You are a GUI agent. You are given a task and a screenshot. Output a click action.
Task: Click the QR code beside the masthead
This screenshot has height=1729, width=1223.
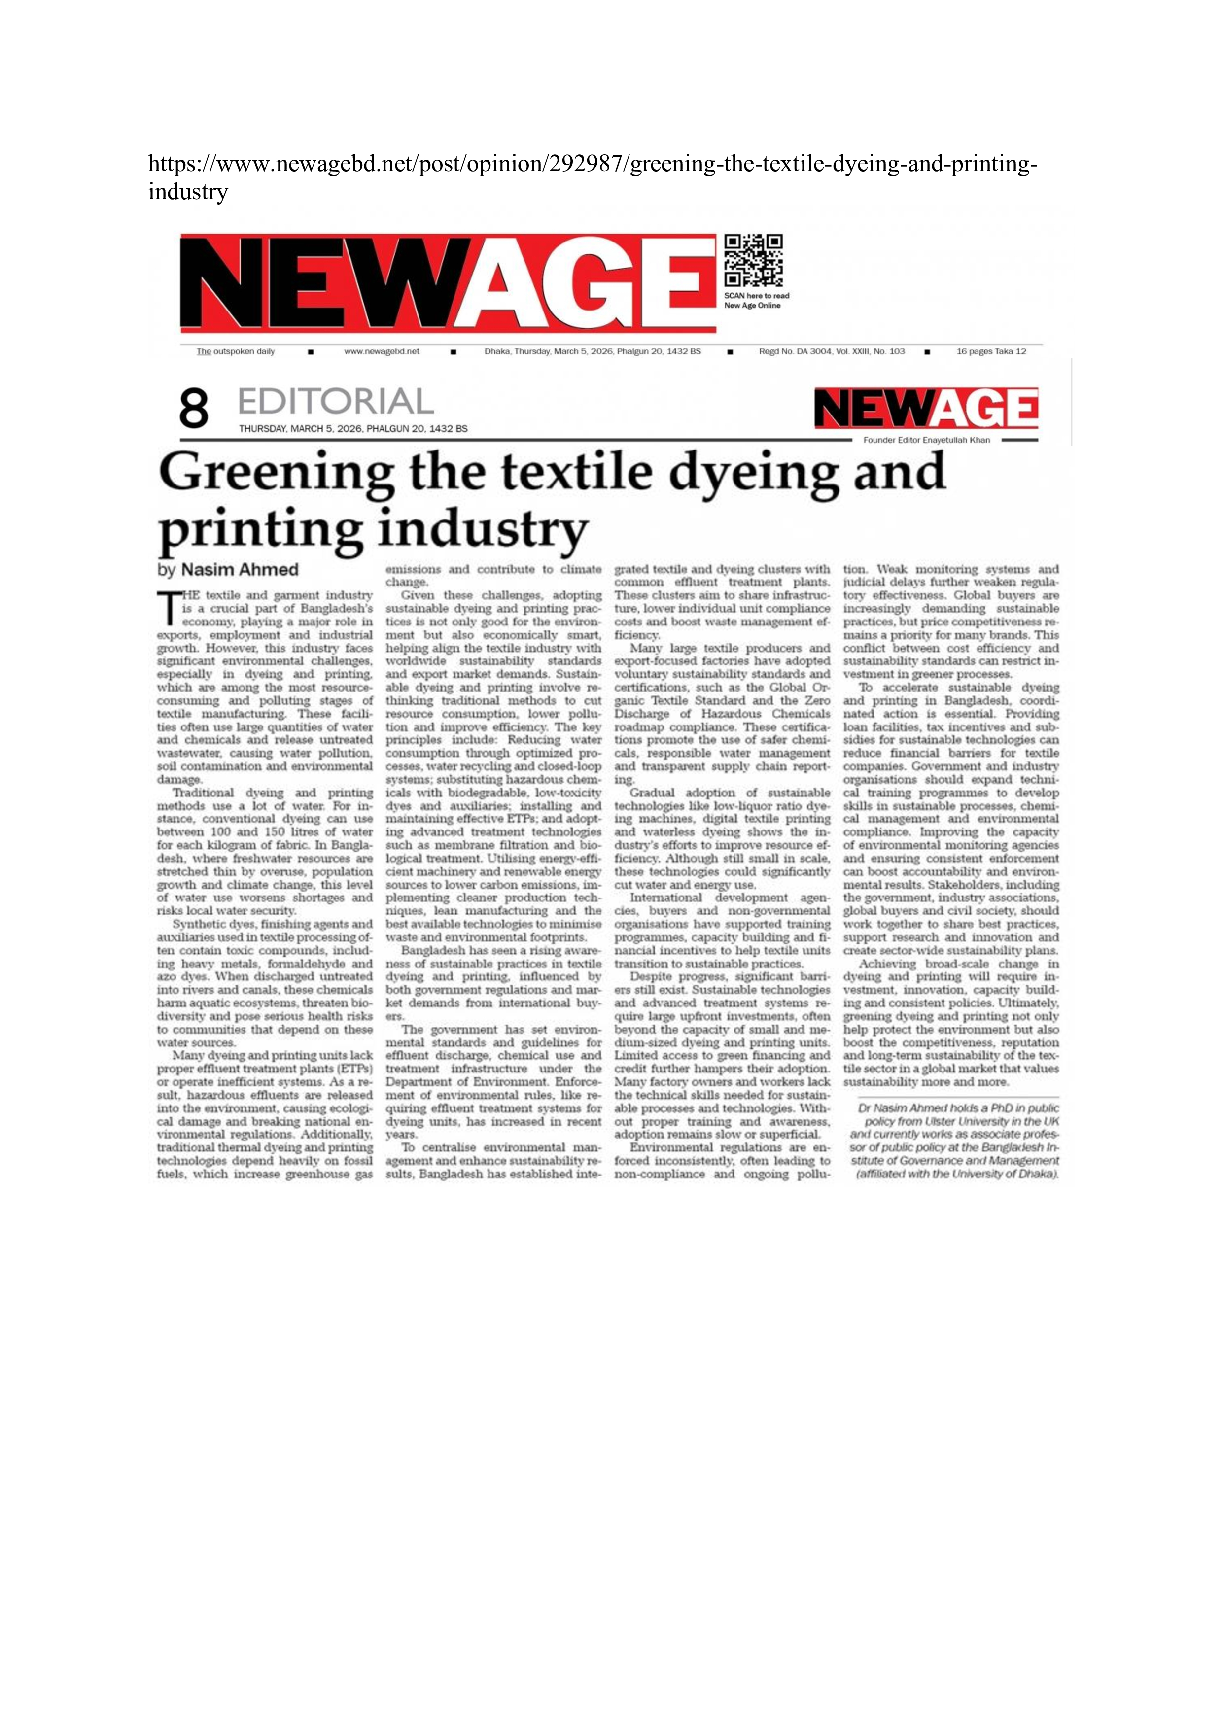pos(753,261)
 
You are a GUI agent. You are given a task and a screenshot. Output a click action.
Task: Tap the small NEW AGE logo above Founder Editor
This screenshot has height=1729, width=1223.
pos(926,410)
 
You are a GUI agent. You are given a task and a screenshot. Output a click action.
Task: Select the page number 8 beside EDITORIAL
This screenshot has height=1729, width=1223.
pos(194,410)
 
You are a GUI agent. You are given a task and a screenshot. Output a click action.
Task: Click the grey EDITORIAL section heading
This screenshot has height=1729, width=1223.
pos(335,401)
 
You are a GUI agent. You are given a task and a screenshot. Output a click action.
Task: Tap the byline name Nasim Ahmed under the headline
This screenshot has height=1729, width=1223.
pos(240,570)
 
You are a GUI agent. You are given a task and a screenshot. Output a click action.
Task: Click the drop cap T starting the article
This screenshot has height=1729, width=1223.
pos(168,609)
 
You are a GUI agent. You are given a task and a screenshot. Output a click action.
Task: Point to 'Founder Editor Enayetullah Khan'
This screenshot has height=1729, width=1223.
pos(926,440)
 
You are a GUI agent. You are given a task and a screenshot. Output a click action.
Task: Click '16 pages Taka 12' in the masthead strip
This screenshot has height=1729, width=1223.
pos(990,352)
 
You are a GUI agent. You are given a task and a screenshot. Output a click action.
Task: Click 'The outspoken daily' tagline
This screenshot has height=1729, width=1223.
pos(236,352)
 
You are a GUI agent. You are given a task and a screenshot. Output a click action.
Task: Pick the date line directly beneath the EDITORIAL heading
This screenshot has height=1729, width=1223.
pos(352,428)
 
